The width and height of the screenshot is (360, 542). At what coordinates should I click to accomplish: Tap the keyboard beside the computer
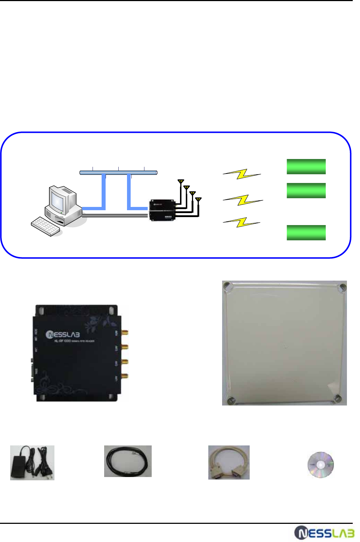[x=45, y=227]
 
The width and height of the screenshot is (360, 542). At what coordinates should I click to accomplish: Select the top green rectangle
[x=306, y=167]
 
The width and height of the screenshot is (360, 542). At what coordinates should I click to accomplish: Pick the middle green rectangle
[x=306, y=191]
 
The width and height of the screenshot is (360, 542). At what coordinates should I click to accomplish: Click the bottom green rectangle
[x=306, y=233]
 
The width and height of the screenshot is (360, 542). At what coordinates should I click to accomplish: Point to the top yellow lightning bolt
[x=242, y=174]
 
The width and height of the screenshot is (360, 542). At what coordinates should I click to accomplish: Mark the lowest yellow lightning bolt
[x=242, y=222]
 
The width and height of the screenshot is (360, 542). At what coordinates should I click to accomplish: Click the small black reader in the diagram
[x=162, y=210]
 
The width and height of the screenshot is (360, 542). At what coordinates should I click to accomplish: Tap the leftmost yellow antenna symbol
[x=181, y=182]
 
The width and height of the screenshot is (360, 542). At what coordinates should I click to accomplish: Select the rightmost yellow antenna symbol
[x=198, y=199]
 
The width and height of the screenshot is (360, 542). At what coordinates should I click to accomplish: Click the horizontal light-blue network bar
[x=118, y=172]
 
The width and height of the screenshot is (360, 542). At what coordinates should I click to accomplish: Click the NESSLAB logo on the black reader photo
[x=63, y=334]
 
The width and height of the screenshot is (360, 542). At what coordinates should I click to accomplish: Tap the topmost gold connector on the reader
[x=125, y=332]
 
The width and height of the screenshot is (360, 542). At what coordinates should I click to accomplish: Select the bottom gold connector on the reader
[x=125, y=376]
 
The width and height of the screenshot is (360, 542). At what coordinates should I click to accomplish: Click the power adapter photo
[x=32, y=463]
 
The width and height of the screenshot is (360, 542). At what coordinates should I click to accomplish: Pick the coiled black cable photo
[x=128, y=461]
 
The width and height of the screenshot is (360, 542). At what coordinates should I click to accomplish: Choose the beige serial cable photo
[x=229, y=462]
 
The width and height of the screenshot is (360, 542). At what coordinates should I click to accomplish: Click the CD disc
[x=320, y=465]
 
